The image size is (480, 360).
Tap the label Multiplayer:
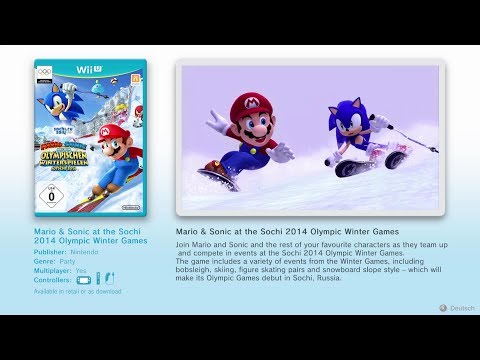coord(54,272)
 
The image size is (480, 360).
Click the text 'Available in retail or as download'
coord(77,292)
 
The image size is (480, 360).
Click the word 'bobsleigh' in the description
coord(195,270)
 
